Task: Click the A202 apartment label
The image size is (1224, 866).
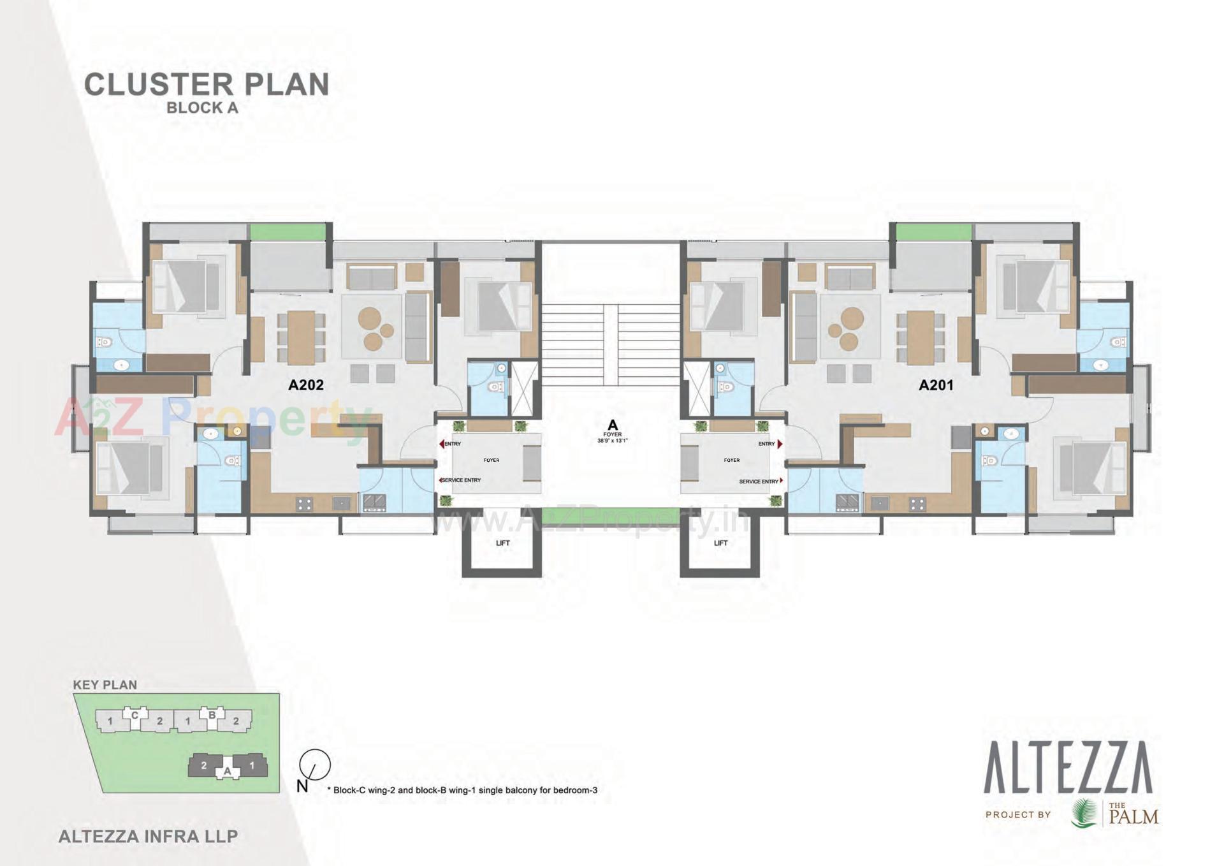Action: [306, 385]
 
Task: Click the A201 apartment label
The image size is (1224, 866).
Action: [936, 385]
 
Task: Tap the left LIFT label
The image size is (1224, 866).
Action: [503, 543]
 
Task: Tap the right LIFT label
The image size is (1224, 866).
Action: [721, 543]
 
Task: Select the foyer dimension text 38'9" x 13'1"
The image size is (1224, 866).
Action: [613, 441]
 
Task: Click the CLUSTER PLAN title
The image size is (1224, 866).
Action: [207, 85]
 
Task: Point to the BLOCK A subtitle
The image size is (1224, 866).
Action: [202, 108]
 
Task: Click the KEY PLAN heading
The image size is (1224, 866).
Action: [105, 685]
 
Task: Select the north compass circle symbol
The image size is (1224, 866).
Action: [316, 763]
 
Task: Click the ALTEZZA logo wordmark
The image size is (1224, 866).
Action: [1068, 768]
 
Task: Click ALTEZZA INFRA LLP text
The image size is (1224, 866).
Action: [148, 836]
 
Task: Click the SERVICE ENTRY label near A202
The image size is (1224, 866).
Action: [460, 480]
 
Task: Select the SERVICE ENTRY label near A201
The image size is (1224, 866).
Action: [759, 481]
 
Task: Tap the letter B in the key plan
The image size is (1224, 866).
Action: [212, 715]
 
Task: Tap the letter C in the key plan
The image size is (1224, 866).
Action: [135, 715]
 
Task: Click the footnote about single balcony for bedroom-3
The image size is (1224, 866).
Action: [465, 790]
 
